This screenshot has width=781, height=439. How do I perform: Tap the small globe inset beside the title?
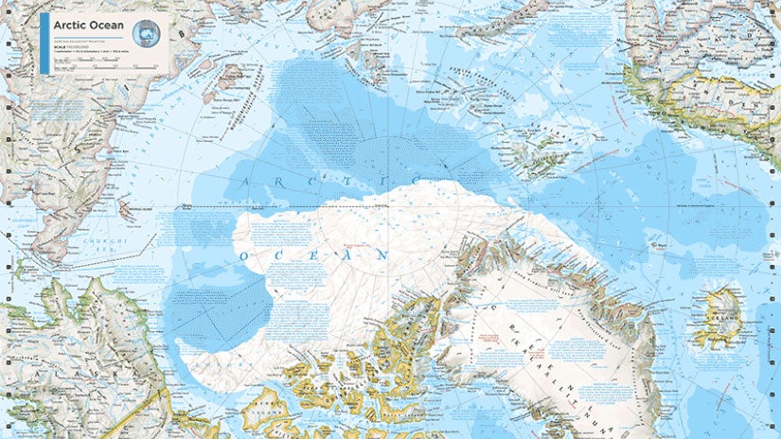(145, 33)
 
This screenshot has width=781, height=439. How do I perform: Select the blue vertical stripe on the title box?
(43, 44)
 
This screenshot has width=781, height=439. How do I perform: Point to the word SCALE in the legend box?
(58, 49)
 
